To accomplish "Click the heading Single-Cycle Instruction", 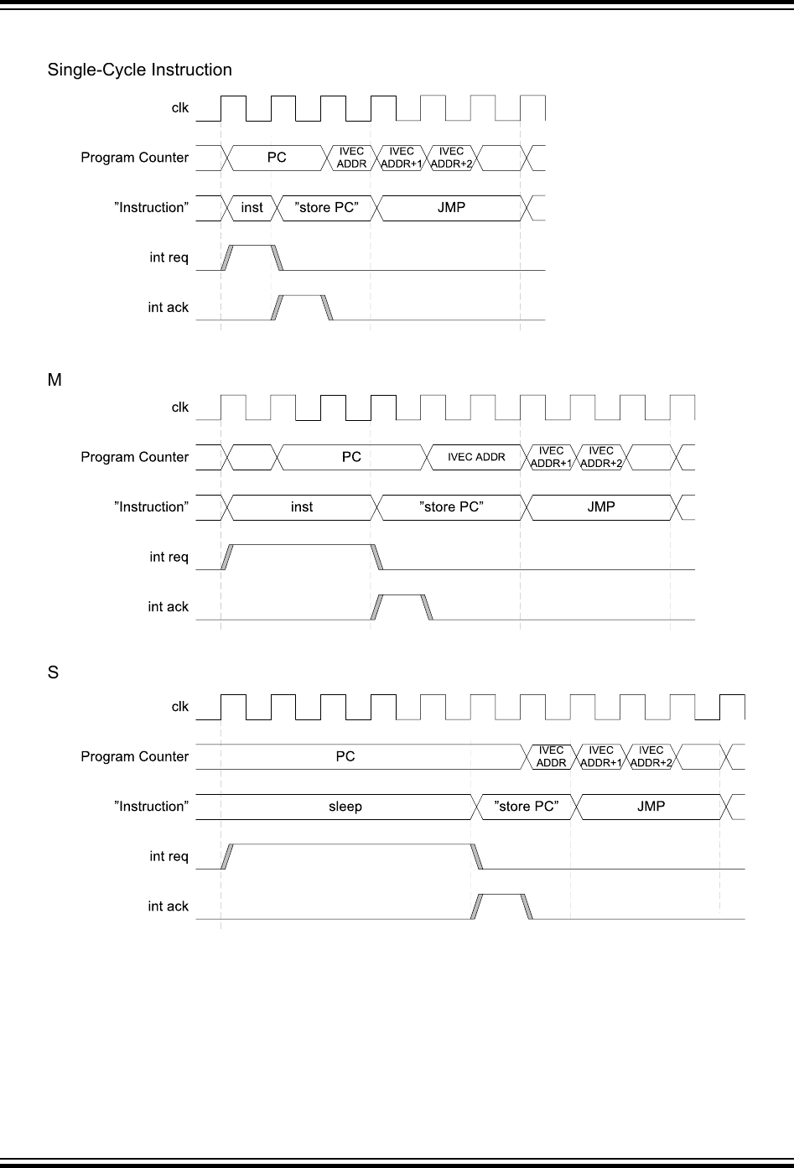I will pos(139,70).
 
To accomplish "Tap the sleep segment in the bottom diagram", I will pos(345,807).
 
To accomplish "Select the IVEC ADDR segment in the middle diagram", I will pos(476,457).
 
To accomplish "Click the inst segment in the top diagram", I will pos(252,208).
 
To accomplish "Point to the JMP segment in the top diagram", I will pos(451,208).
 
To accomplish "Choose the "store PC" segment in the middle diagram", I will pos(451,507).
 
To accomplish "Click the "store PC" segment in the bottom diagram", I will pos(526,807).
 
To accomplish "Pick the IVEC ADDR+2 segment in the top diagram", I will pos(451,158).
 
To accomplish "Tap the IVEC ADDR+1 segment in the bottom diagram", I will pos(601,756).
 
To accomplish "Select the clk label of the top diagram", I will pos(180,108).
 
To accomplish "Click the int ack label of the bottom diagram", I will pos(169,906).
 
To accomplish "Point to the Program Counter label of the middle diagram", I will pos(135,457).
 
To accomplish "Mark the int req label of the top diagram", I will pos(169,257).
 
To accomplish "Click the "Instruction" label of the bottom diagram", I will pos(152,807).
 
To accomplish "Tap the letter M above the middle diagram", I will pos(54,381).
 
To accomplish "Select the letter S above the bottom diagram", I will pos(53,673).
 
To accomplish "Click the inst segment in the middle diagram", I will pos(302,507).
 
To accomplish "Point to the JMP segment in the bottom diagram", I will pos(651,807).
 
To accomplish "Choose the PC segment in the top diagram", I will pos(277,158).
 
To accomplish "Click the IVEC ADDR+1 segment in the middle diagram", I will pos(551,457).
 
